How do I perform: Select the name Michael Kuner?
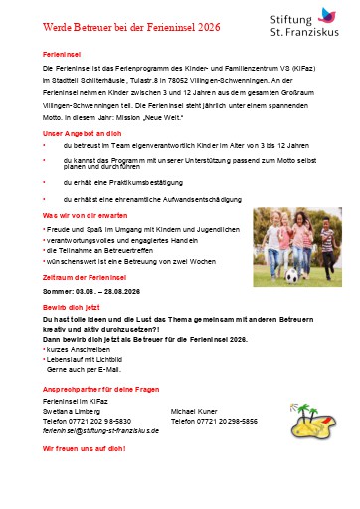point(196,409)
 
